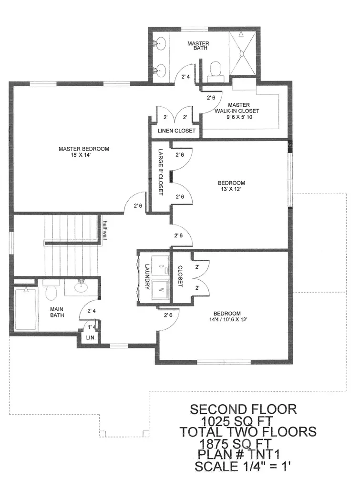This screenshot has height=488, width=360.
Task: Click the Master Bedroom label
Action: click(x=84, y=149)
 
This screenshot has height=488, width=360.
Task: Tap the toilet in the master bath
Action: click(x=216, y=71)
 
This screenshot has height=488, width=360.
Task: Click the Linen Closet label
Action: click(x=176, y=131)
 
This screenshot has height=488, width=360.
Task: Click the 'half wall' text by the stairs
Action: click(x=105, y=230)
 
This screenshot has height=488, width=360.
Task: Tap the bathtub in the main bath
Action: click(x=26, y=309)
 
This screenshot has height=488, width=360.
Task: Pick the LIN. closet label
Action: click(x=91, y=338)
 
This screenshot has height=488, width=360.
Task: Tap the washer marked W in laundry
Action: click(x=160, y=290)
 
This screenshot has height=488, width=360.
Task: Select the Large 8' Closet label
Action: click(x=161, y=172)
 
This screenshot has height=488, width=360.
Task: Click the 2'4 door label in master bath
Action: click(x=185, y=76)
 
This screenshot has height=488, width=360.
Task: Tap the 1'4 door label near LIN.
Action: click(x=92, y=327)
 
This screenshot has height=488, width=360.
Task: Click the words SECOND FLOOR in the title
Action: click(x=243, y=409)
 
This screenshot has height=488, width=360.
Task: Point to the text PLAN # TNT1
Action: click(x=239, y=454)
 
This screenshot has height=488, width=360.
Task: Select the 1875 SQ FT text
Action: click(x=236, y=443)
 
